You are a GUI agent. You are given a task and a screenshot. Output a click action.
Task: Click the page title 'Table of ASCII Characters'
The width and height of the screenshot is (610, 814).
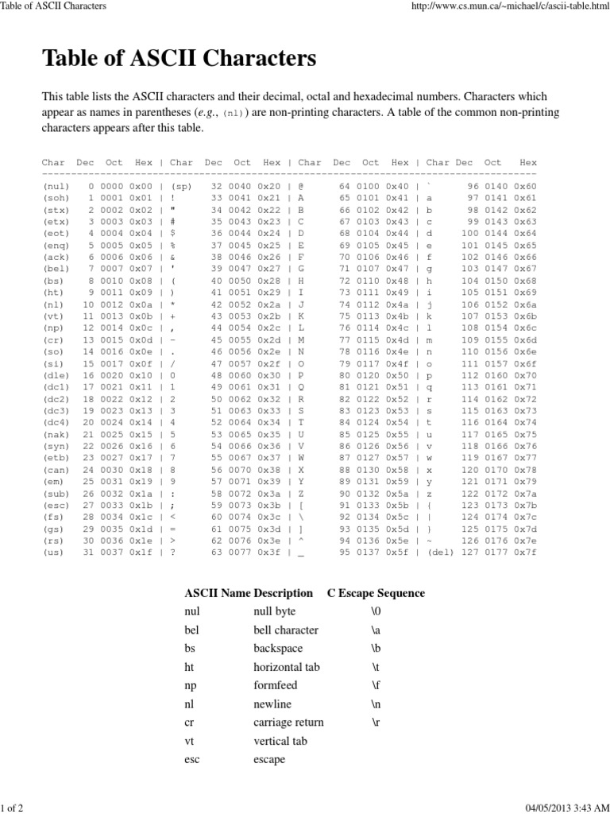click(179, 58)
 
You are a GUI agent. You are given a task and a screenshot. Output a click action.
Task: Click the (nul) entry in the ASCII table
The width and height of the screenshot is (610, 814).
click(56, 185)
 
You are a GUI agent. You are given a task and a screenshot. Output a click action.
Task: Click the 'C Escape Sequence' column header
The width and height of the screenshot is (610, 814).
click(376, 593)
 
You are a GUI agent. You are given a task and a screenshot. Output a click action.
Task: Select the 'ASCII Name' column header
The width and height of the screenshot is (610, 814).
click(214, 593)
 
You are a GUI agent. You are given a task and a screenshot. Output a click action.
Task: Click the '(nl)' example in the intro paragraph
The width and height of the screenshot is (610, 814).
click(234, 114)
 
